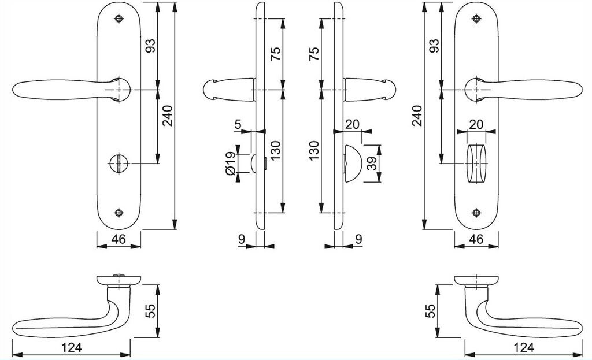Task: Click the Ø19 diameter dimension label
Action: click(x=230, y=164)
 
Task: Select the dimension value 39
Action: click(x=372, y=164)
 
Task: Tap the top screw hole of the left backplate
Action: click(x=119, y=19)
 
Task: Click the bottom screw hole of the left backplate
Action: click(x=119, y=211)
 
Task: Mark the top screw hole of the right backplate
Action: click(x=477, y=19)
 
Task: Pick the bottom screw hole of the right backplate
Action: click(x=477, y=211)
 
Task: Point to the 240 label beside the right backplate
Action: click(x=417, y=116)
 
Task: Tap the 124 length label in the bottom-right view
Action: click(x=524, y=347)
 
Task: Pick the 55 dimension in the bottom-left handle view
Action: click(x=150, y=311)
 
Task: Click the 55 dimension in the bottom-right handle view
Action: click(x=429, y=311)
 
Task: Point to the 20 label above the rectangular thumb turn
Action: click(x=476, y=124)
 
